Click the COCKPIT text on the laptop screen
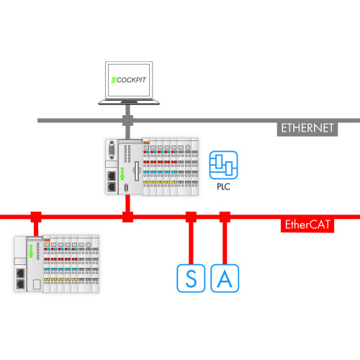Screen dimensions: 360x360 [130, 78]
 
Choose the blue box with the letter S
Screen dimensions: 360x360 [191, 279]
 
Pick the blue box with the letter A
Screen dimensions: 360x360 [225, 279]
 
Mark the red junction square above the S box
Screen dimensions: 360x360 [191, 216]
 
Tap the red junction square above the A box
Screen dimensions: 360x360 [225, 216]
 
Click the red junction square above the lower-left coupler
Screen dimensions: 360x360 [35, 216]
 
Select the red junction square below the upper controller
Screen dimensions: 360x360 [128, 216]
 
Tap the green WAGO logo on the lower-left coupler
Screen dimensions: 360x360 [31, 251]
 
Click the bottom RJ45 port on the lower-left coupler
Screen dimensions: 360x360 [21, 284]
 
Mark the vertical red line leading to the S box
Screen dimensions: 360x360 [191, 241]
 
